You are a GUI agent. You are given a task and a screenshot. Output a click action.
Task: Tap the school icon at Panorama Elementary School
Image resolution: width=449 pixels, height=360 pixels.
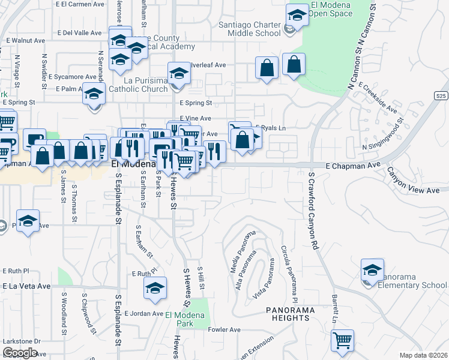372,271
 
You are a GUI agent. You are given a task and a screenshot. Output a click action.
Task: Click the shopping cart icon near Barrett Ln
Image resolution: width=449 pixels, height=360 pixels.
342,341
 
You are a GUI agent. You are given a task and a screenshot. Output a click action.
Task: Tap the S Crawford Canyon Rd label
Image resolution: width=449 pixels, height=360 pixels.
312,211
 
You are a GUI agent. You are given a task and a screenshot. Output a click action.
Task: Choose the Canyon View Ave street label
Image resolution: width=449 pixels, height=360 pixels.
413,182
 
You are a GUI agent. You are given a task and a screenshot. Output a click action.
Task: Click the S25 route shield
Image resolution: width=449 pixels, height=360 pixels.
441,95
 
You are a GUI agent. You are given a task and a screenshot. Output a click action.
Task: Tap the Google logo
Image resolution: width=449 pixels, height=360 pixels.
20,353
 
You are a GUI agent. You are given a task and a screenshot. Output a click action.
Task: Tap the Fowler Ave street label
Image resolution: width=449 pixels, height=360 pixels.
224,329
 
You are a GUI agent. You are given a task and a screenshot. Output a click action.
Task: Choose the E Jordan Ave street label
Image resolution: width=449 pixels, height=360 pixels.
139,313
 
